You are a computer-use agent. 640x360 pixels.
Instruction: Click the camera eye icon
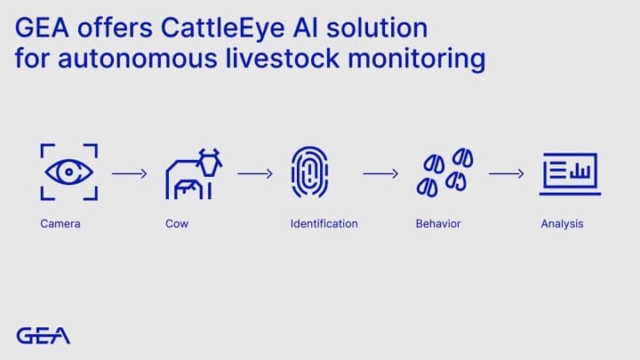coord(69,172)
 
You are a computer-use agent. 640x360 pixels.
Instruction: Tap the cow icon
coord(193,173)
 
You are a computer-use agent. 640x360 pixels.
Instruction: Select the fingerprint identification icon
coord(308,172)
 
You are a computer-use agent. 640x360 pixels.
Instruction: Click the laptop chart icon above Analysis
coord(570,172)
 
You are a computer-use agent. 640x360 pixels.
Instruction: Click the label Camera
coord(60,224)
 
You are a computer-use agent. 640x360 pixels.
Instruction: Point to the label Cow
coord(177,224)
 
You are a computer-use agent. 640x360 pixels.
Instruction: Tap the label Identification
coord(324,224)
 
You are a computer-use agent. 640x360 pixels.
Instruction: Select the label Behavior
coord(438,224)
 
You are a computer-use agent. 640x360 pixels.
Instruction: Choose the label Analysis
coord(562,224)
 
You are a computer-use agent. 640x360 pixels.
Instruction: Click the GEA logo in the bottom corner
coord(43,335)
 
